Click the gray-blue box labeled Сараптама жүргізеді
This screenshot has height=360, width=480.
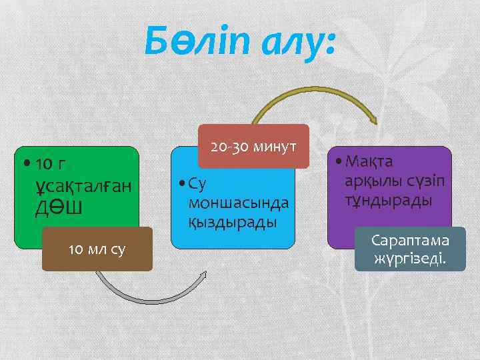coord(409,249)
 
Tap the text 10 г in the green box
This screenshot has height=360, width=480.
coord(51,163)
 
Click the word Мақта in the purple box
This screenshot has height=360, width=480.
coord(369,163)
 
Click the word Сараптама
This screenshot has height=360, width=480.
coord(410,240)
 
